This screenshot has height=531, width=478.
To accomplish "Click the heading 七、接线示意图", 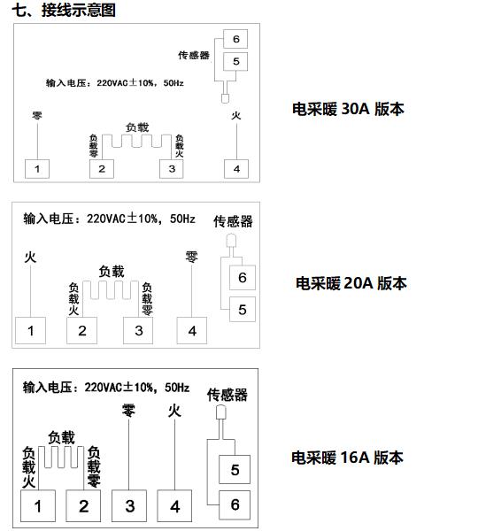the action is pyautogui.click(x=64, y=10).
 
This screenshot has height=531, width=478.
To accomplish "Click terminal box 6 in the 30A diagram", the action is pyautogui.click(x=235, y=39).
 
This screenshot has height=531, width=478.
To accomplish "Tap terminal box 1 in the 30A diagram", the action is pyautogui.click(x=37, y=169).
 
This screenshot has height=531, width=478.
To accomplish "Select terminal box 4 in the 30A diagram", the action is pyautogui.click(x=236, y=169).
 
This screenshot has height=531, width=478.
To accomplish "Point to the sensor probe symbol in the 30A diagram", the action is pyautogui.click(x=225, y=98).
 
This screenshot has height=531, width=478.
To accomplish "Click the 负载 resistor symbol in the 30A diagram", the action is pyautogui.click(x=137, y=141).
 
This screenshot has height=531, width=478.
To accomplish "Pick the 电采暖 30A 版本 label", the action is pyautogui.click(x=348, y=109).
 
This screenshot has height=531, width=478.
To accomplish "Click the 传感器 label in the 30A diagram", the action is pyautogui.click(x=194, y=55).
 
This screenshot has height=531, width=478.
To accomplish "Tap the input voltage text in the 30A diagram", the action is pyautogui.click(x=115, y=83).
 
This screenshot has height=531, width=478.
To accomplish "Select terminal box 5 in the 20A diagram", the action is pyautogui.click(x=243, y=309).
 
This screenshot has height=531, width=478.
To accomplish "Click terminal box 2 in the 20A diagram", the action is pyautogui.click(x=81, y=330).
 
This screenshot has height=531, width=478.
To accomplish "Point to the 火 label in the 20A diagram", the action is pyautogui.click(x=30, y=258).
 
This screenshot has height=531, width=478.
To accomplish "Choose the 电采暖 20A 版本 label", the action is pyautogui.click(x=351, y=283).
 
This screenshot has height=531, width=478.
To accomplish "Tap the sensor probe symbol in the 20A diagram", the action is pyautogui.click(x=231, y=241).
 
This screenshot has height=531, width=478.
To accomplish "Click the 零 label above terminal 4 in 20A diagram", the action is pyautogui.click(x=191, y=257).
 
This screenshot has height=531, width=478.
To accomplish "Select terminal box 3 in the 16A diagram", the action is pyautogui.click(x=129, y=505).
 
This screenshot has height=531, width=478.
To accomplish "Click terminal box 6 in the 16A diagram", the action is pyautogui.click(x=235, y=504).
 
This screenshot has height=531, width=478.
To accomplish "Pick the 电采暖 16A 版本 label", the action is pyautogui.click(x=347, y=458).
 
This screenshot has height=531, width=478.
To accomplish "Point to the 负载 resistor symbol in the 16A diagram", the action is pyautogui.click(x=61, y=458).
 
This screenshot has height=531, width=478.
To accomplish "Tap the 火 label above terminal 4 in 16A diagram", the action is pyautogui.click(x=174, y=412).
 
